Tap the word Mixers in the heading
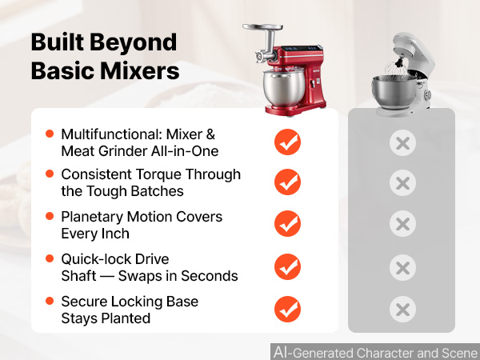[x=139, y=71]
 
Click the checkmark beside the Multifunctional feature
[x=287, y=142]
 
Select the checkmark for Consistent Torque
[x=287, y=182]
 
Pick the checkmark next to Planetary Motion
[x=287, y=223]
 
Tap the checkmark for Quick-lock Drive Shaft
[x=287, y=266]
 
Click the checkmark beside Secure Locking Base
[x=287, y=309]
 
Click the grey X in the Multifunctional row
[x=402, y=142]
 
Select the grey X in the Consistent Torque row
[x=402, y=182]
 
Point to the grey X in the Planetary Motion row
[x=402, y=224]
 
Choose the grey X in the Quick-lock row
[x=402, y=267]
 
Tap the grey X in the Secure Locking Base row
[x=402, y=310]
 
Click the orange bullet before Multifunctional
[x=50, y=134]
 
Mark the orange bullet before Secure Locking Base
[x=50, y=301]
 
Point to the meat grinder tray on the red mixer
[x=262, y=27]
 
